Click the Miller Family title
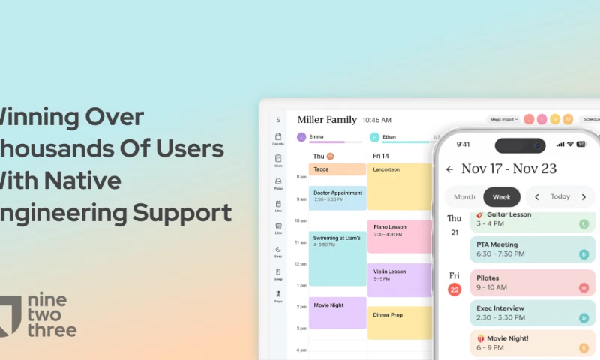pos(327,119)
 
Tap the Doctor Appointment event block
pos(337,197)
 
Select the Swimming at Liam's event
pos(337,257)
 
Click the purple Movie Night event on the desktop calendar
pos(337,312)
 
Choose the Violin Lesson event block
pos(399,279)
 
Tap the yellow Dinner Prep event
pos(399,322)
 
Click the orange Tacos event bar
pos(337,169)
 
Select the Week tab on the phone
pos(501,197)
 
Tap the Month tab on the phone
pos(464,197)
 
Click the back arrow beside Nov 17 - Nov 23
pos(450,169)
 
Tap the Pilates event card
pos(532,282)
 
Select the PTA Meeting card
pos(532,248)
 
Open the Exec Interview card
pos(532,313)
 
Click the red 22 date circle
pos(454,290)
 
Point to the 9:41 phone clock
pos(463,144)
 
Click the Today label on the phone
pos(560,197)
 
